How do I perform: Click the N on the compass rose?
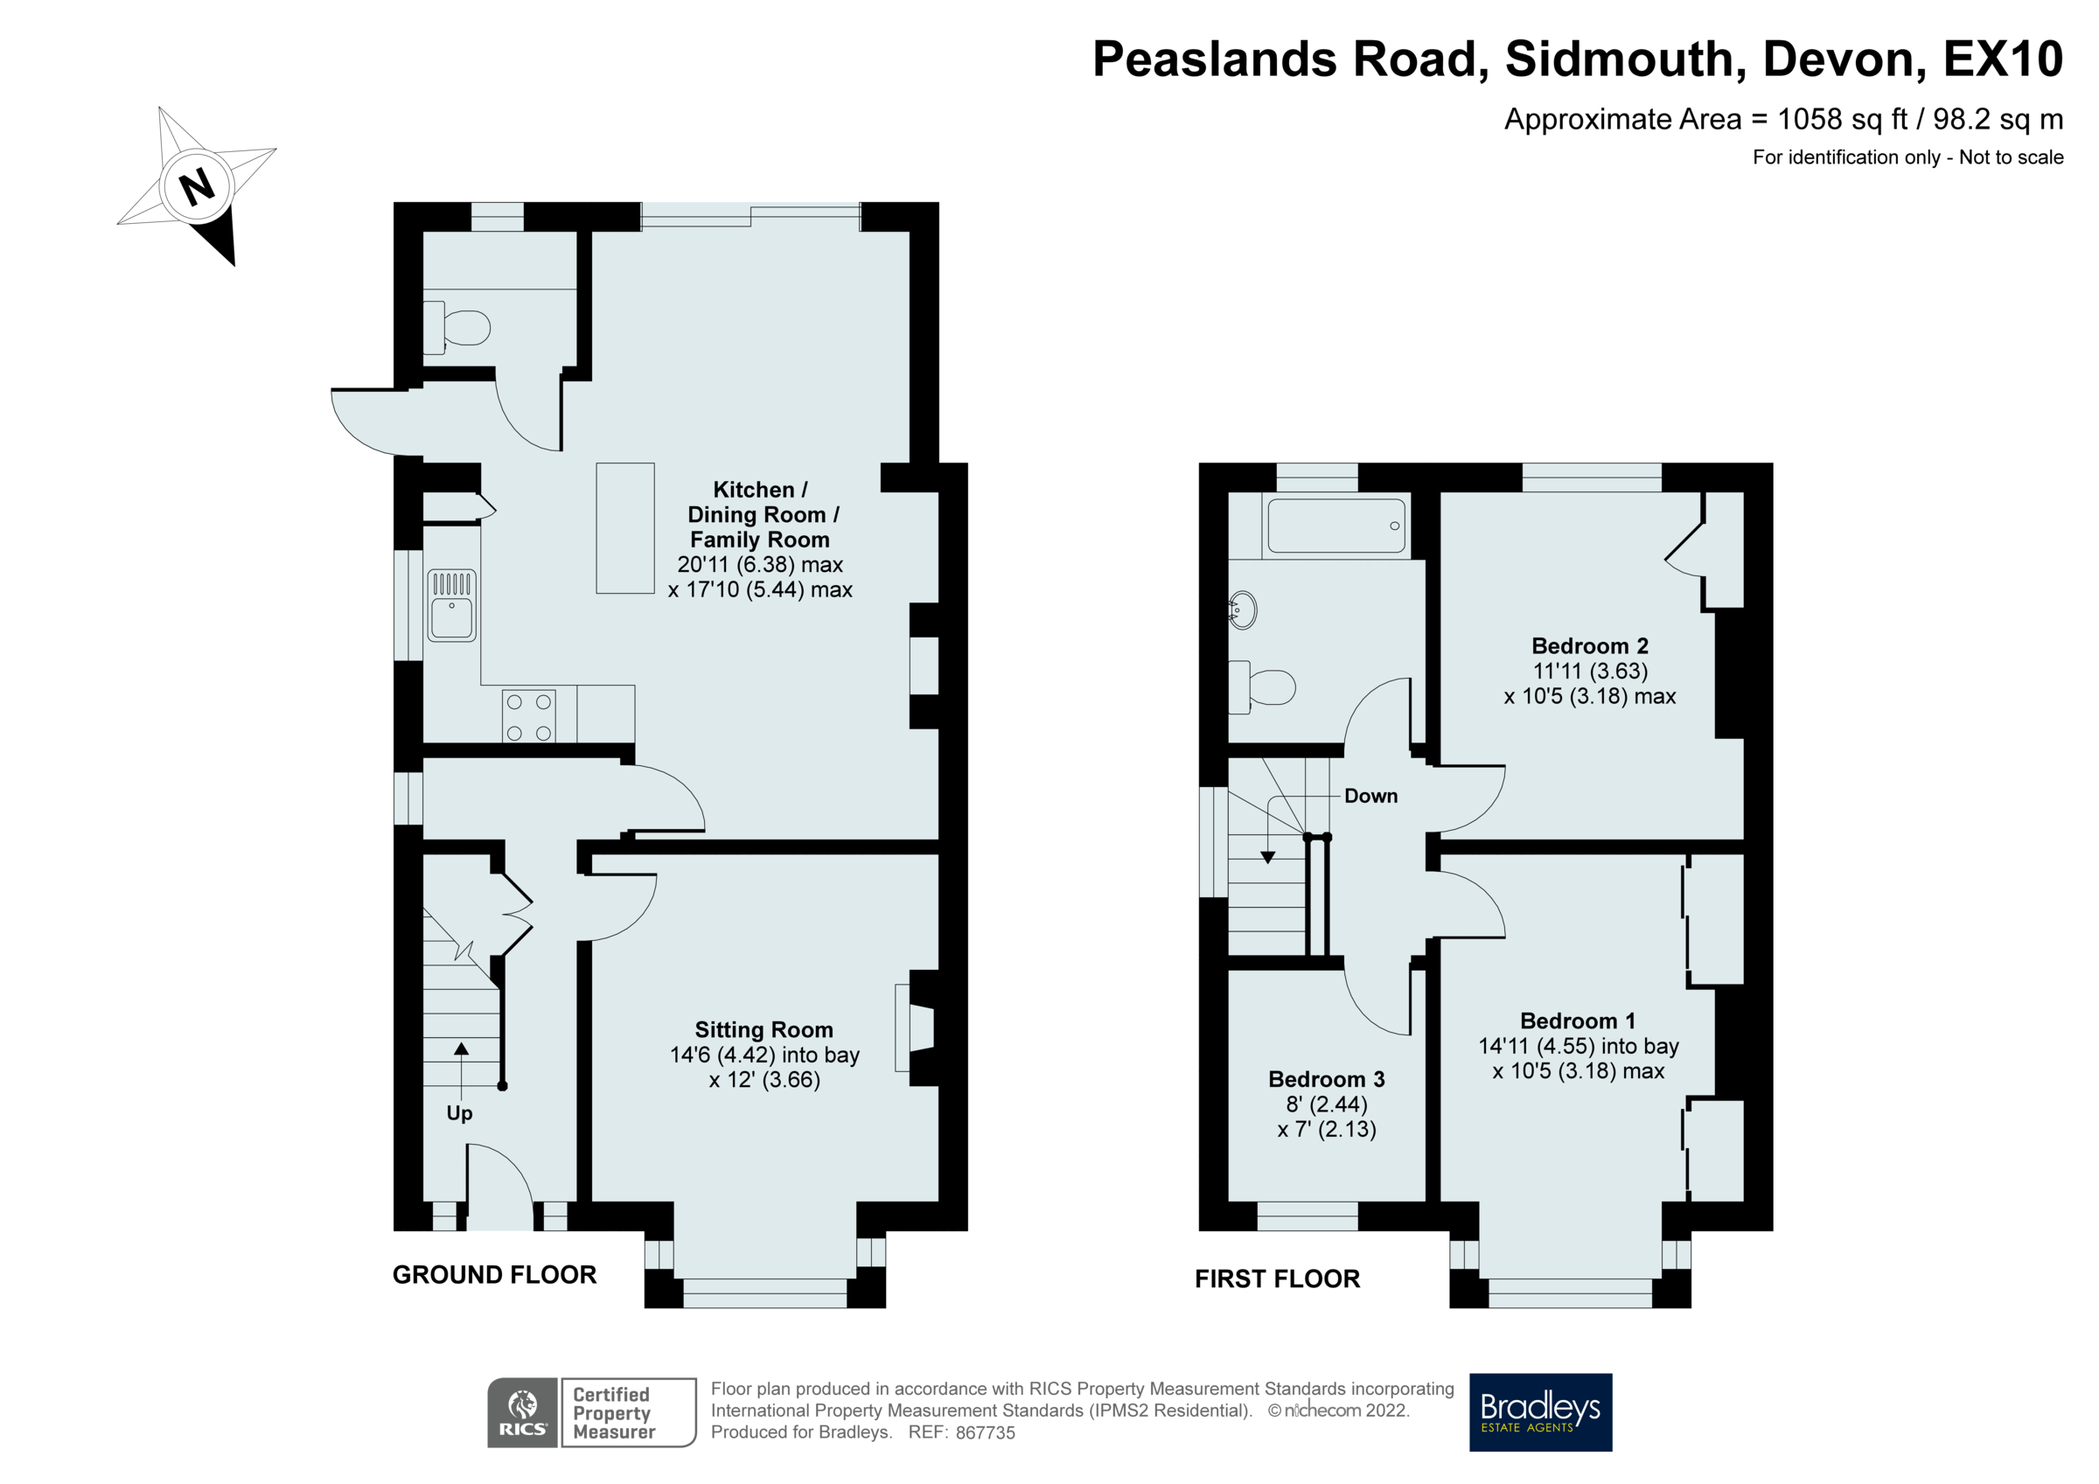197,186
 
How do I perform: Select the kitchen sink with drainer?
451,605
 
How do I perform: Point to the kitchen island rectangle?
625,527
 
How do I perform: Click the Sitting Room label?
764,1029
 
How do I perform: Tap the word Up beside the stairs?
459,1112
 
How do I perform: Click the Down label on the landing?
1370,796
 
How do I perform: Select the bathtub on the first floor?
1335,526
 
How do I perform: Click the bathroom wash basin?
1245,610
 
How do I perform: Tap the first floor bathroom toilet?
1266,686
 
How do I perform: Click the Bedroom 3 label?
1327,1079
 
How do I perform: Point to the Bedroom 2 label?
1590,645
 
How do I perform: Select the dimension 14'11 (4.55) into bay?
1579,1046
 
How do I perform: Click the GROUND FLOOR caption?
495,1275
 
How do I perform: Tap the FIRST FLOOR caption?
1277,1278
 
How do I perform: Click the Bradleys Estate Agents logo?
1540,1411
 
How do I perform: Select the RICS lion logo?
523,1411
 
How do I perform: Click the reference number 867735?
986,1432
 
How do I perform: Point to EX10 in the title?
2002,59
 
